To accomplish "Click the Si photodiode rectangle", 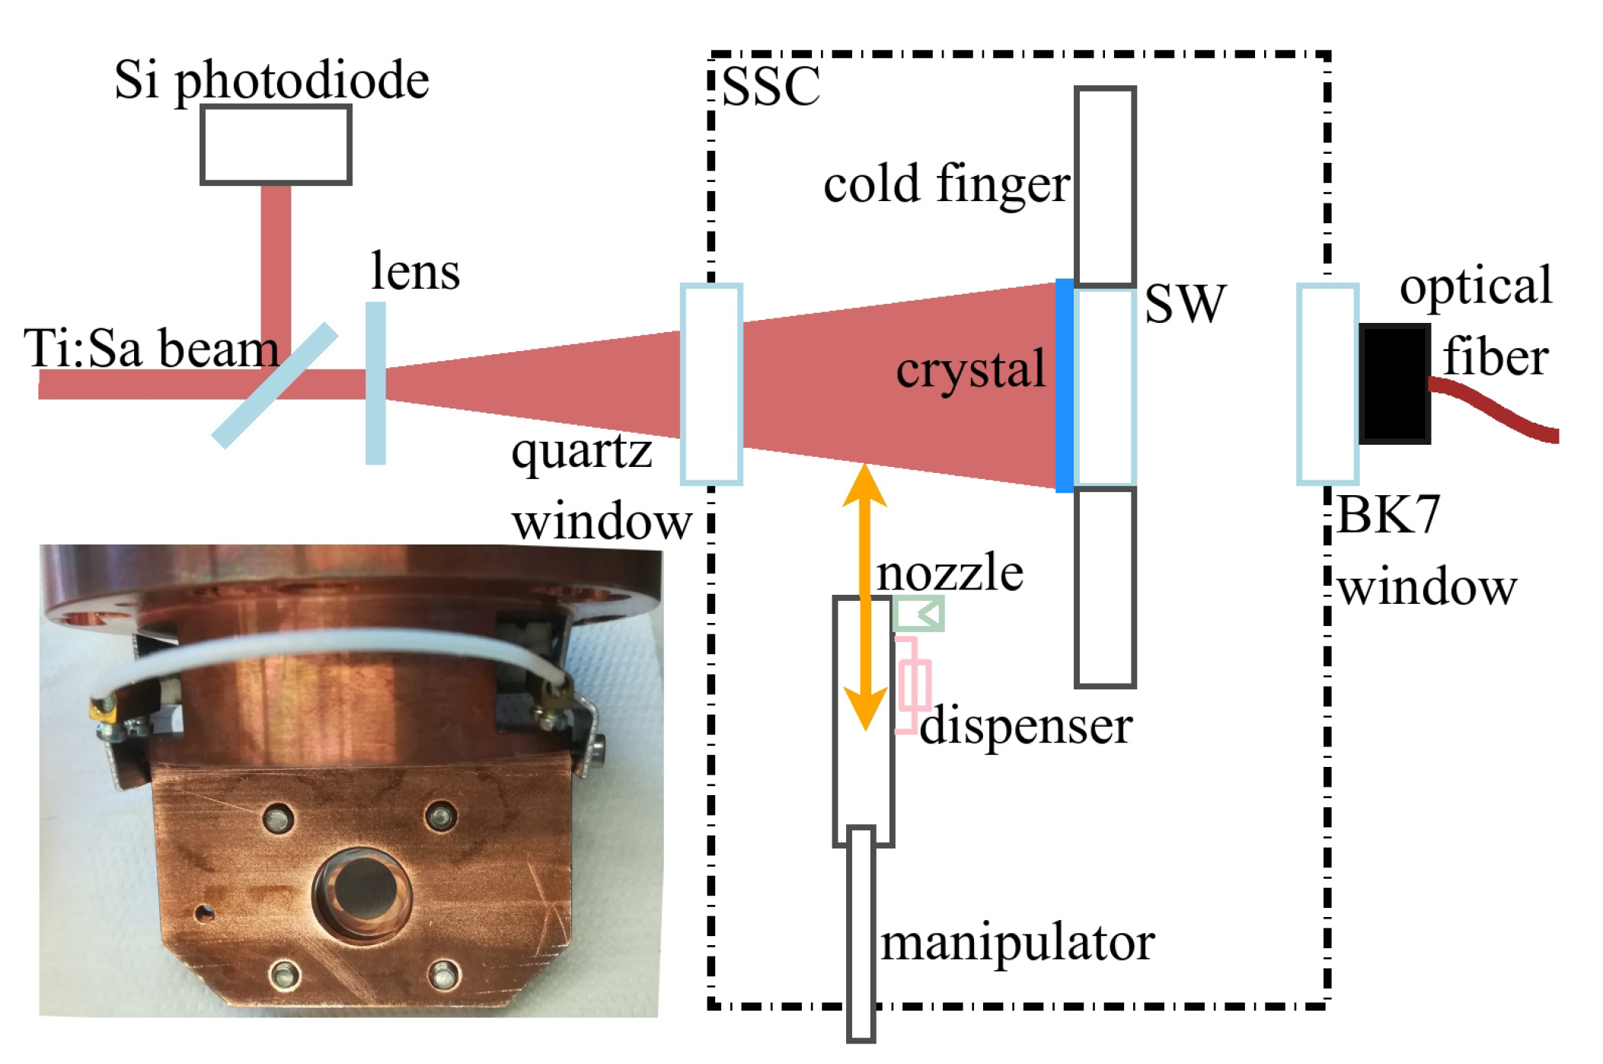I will (x=276, y=145).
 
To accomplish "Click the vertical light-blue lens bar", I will (x=375, y=383).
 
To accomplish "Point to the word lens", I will (x=415, y=272).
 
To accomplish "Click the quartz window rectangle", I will (x=711, y=385).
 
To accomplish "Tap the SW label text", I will (x=1185, y=304).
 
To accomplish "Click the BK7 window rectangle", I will (x=1327, y=385).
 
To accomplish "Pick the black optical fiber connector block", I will (x=1394, y=384).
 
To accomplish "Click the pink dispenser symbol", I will (x=912, y=685).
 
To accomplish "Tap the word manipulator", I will (x=1017, y=944).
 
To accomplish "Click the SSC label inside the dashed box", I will (x=770, y=87).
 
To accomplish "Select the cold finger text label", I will (x=947, y=185).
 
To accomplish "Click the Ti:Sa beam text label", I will (x=152, y=350).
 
